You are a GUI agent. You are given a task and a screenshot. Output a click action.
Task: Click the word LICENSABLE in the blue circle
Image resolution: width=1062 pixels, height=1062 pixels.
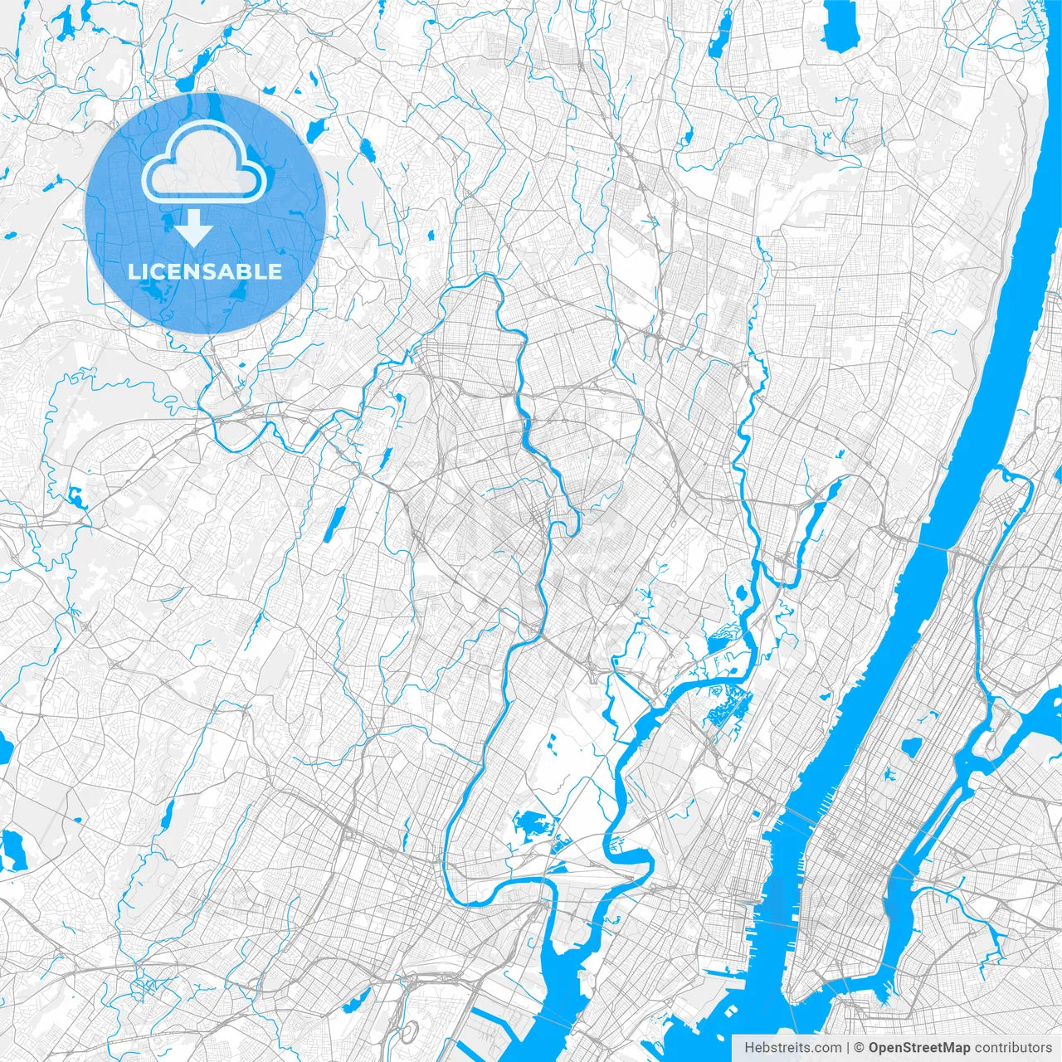[204, 271]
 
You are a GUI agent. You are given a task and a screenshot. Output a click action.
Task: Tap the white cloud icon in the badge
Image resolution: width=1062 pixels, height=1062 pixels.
[204, 164]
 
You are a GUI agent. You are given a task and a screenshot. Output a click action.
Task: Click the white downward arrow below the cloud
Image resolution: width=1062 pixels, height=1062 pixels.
[194, 228]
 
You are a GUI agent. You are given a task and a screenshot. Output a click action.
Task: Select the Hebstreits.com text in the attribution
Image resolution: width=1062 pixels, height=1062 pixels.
[792, 1048]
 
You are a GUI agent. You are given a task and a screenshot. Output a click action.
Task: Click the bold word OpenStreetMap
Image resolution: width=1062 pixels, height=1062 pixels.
[919, 1048]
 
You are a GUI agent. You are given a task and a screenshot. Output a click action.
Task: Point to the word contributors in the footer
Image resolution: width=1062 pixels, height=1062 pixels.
[1013, 1048]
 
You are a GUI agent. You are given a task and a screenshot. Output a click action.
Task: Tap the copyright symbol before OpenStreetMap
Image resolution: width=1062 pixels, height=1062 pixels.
[860, 1048]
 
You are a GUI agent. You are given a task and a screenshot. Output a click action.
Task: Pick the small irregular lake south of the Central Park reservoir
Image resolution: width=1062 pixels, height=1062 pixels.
[890, 776]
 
